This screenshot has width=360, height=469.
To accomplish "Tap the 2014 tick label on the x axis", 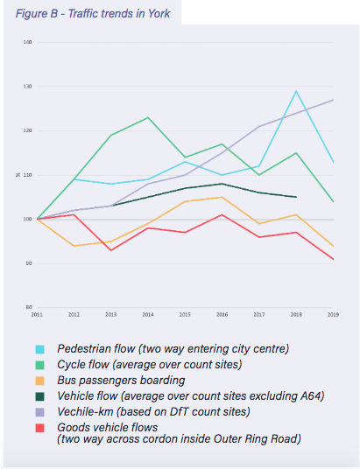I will tap(149, 313).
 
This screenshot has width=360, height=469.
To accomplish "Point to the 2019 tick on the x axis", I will tap(332, 313).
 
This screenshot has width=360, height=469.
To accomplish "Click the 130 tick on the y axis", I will tap(28, 87).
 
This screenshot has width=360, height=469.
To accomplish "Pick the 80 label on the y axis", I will tap(28, 307).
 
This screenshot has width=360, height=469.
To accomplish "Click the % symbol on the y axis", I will tap(27, 175).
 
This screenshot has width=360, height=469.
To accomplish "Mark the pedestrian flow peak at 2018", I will tap(296, 91).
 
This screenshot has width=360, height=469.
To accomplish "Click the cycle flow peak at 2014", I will tap(149, 117).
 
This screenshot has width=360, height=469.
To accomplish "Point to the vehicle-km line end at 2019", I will tap(333, 100).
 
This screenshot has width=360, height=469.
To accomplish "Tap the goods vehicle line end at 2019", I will tap(333, 259).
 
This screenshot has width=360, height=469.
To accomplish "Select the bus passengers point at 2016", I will tap(222, 197).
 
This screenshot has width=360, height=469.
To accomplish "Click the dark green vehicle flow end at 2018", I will tap(296, 197).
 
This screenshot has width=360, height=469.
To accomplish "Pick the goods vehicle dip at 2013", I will tap(112, 250).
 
